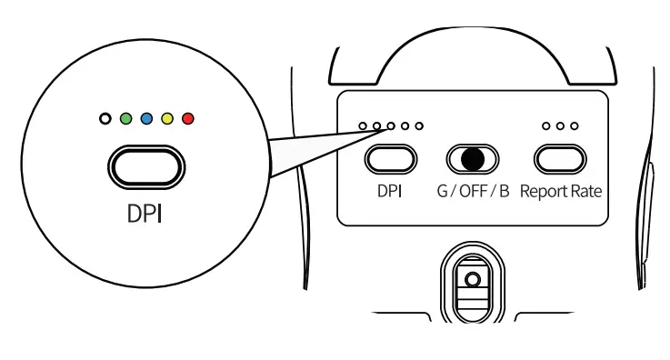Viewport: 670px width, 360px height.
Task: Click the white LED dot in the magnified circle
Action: [105, 118]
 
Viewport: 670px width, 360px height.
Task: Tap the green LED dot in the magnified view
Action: [126, 118]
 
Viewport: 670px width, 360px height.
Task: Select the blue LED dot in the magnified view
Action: [147, 118]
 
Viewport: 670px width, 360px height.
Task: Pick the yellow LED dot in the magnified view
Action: [168, 118]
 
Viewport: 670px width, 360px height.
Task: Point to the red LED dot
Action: [189, 118]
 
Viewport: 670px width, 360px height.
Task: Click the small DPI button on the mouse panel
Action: [390, 159]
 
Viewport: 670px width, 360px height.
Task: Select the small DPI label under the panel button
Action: [390, 194]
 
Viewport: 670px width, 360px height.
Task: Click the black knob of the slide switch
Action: [472, 159]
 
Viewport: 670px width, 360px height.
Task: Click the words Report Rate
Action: [561, 194]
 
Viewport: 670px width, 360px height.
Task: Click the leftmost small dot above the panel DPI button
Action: [363, 125]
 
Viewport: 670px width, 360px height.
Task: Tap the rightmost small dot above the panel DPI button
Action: [419, 125]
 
